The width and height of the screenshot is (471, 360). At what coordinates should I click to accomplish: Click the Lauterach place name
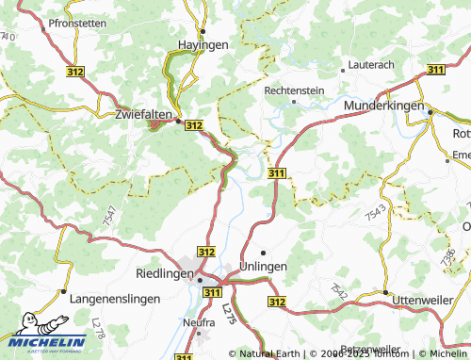pyautogui.click(x=370, y=68)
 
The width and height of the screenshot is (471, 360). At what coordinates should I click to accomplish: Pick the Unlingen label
pyautogui.click(x=264, y=267)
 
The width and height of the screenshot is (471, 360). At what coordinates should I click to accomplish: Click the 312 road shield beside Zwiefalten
pyautogui.click(x=194, y=124)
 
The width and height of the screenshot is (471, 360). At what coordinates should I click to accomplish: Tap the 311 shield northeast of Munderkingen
pyautogui.click(x=435, y=70)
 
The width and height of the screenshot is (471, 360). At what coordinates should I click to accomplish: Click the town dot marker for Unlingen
pyautogui.click(x=264, y=253)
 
